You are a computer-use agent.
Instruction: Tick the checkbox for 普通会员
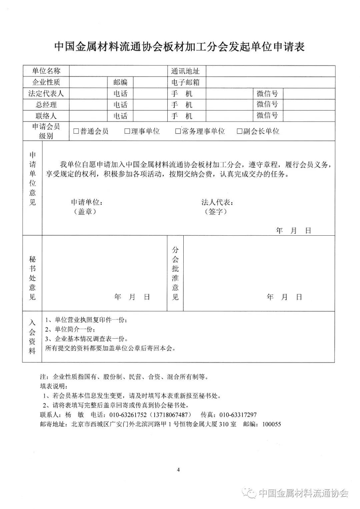(76, 131)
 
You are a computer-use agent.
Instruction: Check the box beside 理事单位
(127, 131)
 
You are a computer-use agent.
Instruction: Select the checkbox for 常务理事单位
(178, 131)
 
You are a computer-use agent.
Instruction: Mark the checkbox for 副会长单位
(239, 131)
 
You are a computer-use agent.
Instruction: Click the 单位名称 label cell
(46, 71)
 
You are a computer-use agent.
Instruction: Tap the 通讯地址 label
(185, 71)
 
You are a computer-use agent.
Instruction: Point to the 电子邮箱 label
(185, 82)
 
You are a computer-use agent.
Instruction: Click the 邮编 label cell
(120, 82)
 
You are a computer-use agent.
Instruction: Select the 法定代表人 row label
(46, 94)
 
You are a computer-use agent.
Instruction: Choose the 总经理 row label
(46, 105)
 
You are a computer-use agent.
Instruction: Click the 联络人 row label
(46, 116)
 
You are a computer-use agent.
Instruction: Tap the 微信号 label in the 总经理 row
(267, 105)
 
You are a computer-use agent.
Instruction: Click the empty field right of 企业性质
(88, 82)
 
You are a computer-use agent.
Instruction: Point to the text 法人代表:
(217, 202)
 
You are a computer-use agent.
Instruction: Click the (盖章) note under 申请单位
(85, 212)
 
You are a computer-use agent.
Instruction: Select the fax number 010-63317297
(238, 415)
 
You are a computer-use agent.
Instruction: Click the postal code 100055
(271, 424)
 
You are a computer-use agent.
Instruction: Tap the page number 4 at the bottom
(178, 470)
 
